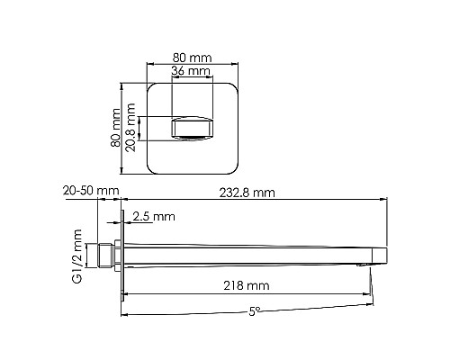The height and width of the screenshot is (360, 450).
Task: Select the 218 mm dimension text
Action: tap(245, 285)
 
